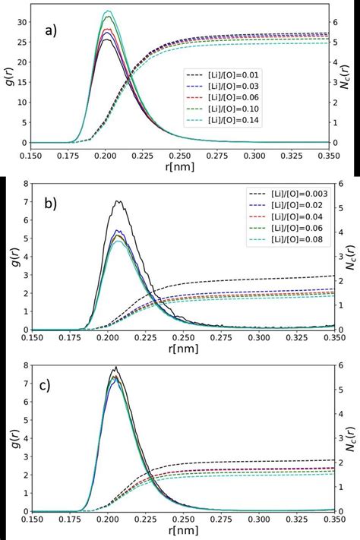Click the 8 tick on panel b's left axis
tap(26, 183)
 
